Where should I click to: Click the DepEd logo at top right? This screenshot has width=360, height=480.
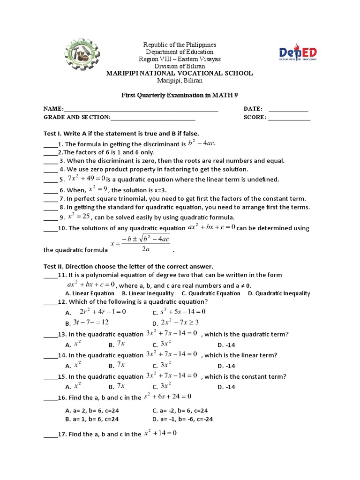pos(298,53)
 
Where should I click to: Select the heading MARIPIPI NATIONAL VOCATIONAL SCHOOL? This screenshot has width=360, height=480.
pos(180,73)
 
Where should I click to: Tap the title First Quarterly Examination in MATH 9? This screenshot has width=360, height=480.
pos(180,95)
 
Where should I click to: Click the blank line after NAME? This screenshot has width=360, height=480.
pos(141,110)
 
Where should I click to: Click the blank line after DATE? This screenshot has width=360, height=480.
pos(288,109)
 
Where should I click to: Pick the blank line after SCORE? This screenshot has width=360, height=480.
pos(288,118)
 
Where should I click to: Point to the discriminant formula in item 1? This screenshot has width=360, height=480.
pos(202,143)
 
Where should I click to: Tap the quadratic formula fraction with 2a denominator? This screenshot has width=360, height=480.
pos(140,243)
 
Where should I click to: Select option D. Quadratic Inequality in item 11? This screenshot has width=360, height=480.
pos(279,293)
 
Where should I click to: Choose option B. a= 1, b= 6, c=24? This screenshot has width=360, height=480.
pos(92,419)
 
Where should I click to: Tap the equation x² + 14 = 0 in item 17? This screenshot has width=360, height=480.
pos(160,434)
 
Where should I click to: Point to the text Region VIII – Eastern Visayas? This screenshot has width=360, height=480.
pos(180,59)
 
